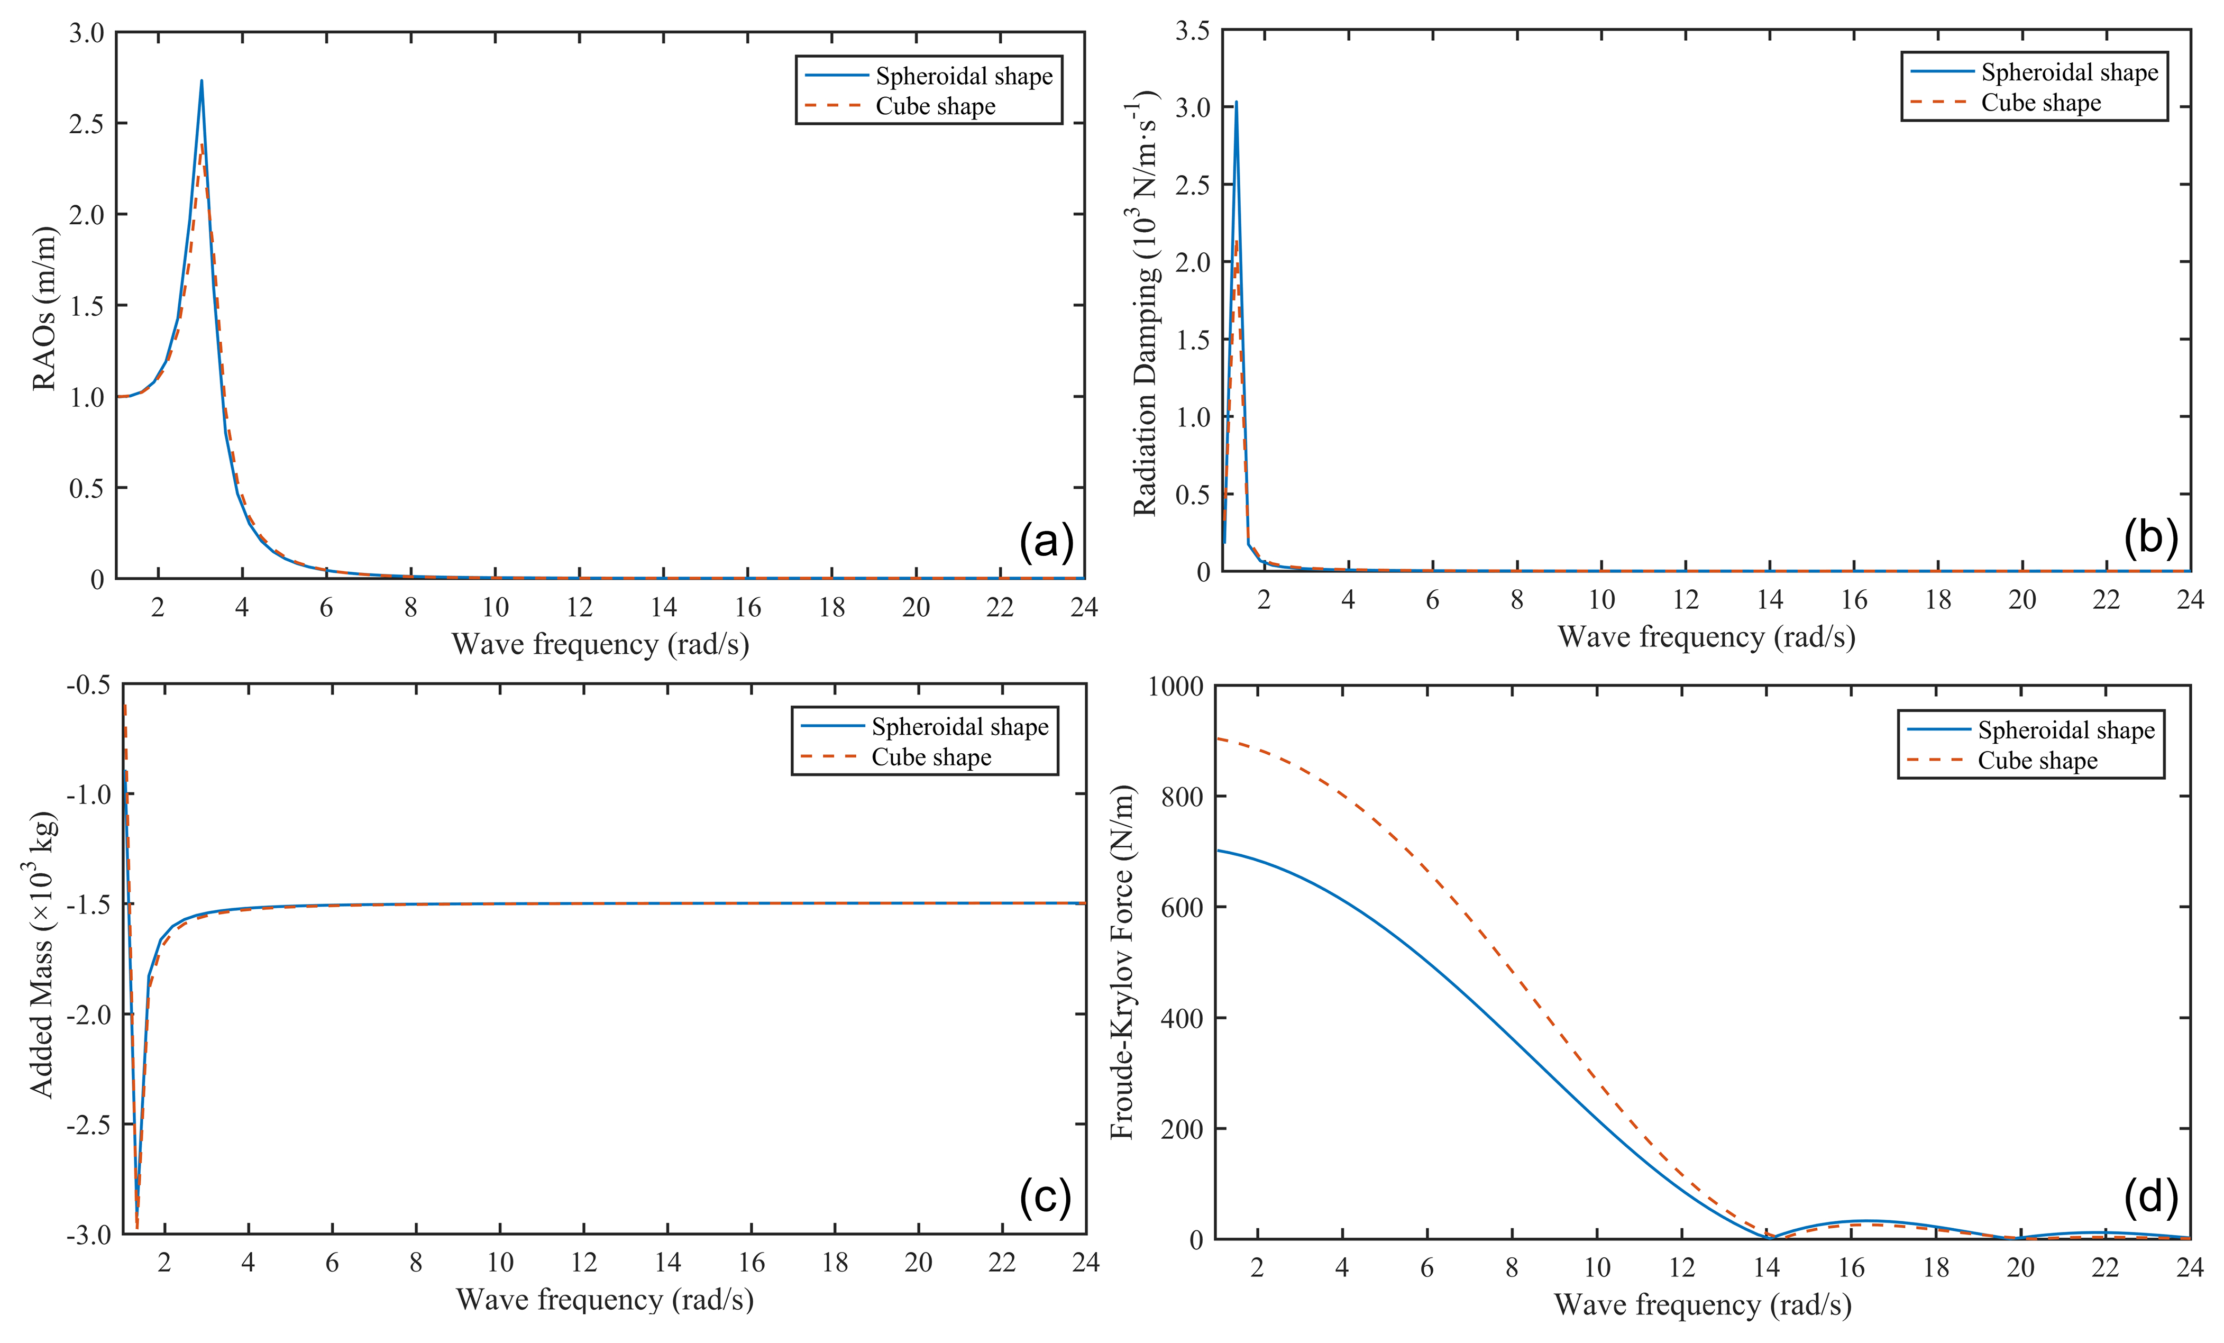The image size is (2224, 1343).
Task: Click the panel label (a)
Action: pos(1046,542)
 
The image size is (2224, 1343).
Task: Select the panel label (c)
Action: pos(1045,1197)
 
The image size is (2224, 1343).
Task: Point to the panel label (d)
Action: pos(2151,1197)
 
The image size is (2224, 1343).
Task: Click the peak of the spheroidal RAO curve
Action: pos(202,81)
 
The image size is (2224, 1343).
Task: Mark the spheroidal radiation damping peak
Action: pos(1235,102)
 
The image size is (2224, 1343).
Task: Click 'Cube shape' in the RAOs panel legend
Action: pos(935,106)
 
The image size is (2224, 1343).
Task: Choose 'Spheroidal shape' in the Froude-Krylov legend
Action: pos(2066,730)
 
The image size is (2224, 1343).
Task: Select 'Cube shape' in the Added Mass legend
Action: pos(930,758)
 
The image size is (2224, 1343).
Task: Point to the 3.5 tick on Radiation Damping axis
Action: pos(1192,32)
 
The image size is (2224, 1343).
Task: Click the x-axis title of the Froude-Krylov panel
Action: pos(1703,1305)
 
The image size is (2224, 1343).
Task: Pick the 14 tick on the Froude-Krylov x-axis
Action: pos(1767,1268)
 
